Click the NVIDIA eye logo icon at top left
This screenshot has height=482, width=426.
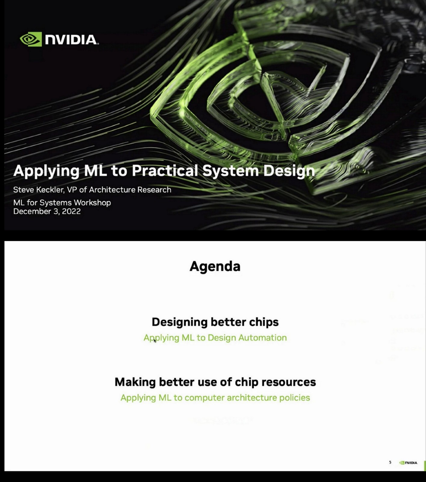[30, 39]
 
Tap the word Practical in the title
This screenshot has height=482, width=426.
[165, 171]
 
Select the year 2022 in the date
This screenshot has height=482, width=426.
[71, 211]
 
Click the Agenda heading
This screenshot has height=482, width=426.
[215, 266]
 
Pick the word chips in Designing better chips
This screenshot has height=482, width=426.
[264, 322]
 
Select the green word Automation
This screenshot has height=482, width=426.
[262, 338]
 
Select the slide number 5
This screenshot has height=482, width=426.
[390, 462]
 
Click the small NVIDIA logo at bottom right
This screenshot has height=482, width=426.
[408, 463]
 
